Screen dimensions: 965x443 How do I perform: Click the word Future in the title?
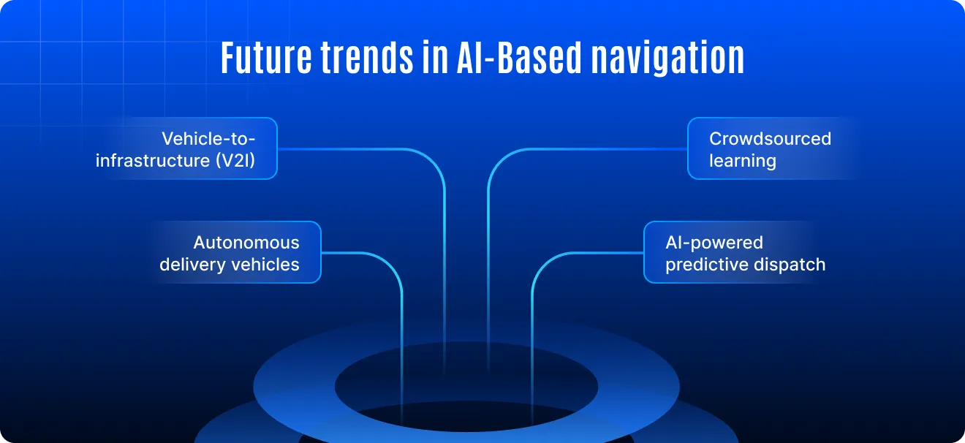click(266, 57)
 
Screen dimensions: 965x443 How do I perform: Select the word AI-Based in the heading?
click(520, 57)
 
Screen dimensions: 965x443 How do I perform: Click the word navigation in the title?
click(667, 59)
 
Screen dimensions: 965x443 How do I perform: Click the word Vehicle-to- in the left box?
click(208, 139)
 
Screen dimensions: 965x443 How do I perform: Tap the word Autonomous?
click(246, 243)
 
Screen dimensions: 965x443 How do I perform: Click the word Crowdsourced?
click(771, 139)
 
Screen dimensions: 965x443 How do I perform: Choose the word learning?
click(743, 161)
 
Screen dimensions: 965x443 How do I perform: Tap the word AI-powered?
click(714, 243)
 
